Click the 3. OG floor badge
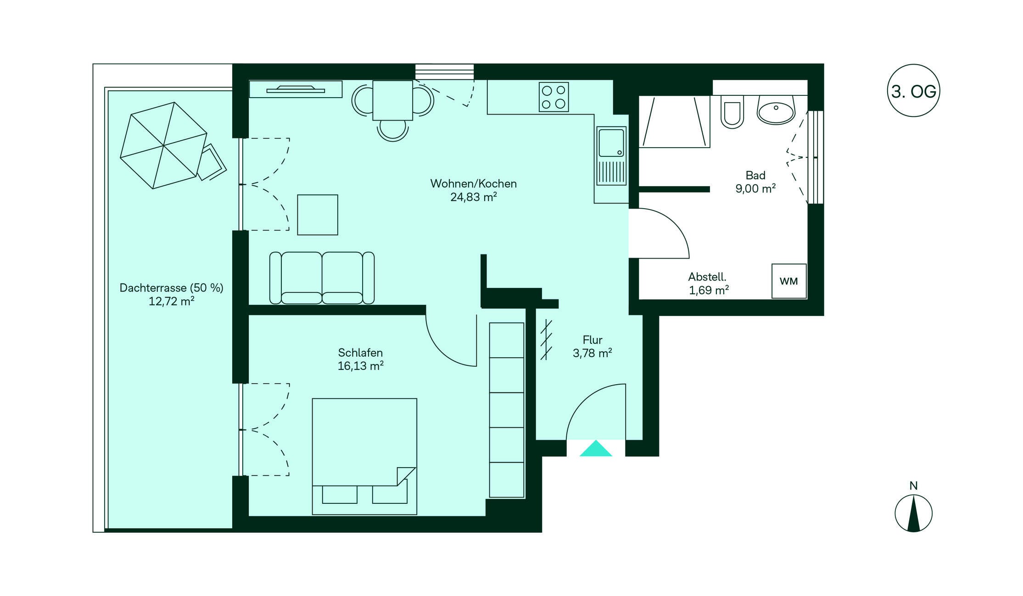tap(913, 90)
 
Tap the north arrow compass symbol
tap(913, 513)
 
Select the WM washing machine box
tap(789, 281)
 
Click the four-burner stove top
tap(553, 97)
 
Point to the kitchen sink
tap(611, 156)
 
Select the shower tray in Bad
tap(674, 121)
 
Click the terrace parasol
tap(163, 145)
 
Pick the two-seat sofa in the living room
tap(322, 278)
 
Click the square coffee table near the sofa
tap(318, 215)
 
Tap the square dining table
tap(392, 100)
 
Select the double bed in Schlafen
tap(364, 456)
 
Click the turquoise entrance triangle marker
tap(596, 448)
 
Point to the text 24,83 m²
tap(474, 197)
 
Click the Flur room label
tap(593, 340)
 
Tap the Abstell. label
tap(707, 277)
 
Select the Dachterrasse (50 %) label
tap(171, 288)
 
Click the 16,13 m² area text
tap(361, 366)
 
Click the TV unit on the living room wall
tap(296, 89)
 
